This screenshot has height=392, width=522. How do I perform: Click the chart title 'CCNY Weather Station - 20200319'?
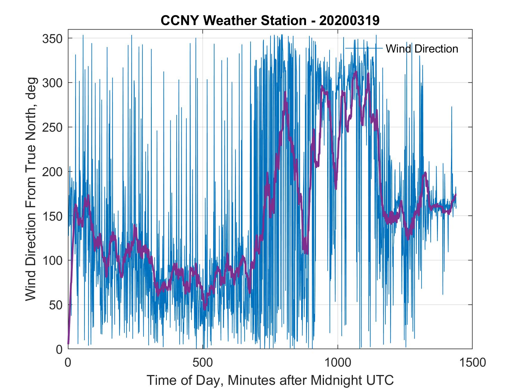(270, 21)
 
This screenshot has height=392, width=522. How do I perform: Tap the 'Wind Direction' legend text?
(422, 49)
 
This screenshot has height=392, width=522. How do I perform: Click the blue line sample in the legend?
(364, 48)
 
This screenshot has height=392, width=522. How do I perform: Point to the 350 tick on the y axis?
(54, 39)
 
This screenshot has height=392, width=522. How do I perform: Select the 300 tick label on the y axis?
(54, 83)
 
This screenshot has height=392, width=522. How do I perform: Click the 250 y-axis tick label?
(54, 127)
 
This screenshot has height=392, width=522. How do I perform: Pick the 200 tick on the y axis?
(54, 172)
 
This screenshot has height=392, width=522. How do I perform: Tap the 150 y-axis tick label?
(54, 216)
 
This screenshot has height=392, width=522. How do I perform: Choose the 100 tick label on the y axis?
(54, 260)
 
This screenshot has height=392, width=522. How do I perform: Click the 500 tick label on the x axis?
(203, 363)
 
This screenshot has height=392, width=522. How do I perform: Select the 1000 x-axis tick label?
(338, 363)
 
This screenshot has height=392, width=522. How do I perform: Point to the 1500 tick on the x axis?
(472, 363)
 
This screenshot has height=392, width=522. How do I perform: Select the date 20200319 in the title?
(349, 21)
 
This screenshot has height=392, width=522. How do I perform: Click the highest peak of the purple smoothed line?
(355, 72)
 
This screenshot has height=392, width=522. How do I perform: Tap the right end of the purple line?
(455, 195)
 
